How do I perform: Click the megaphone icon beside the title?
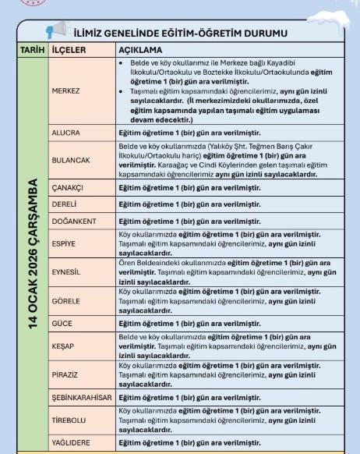point(56,32)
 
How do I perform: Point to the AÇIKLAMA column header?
point(140,48)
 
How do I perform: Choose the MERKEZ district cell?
point(65,90)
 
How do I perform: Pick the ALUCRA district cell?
point(65,133)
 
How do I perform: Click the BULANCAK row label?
point(71,160)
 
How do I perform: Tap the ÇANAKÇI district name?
point(69,188)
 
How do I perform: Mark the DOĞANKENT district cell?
point(73,221)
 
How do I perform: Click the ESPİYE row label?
point(65,243)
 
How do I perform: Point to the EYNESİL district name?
point(67,271)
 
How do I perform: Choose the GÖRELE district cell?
point(66,300)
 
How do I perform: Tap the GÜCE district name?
point(62,322)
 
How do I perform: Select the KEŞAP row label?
point(63,343)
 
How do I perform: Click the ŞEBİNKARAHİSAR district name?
point(82,396)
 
